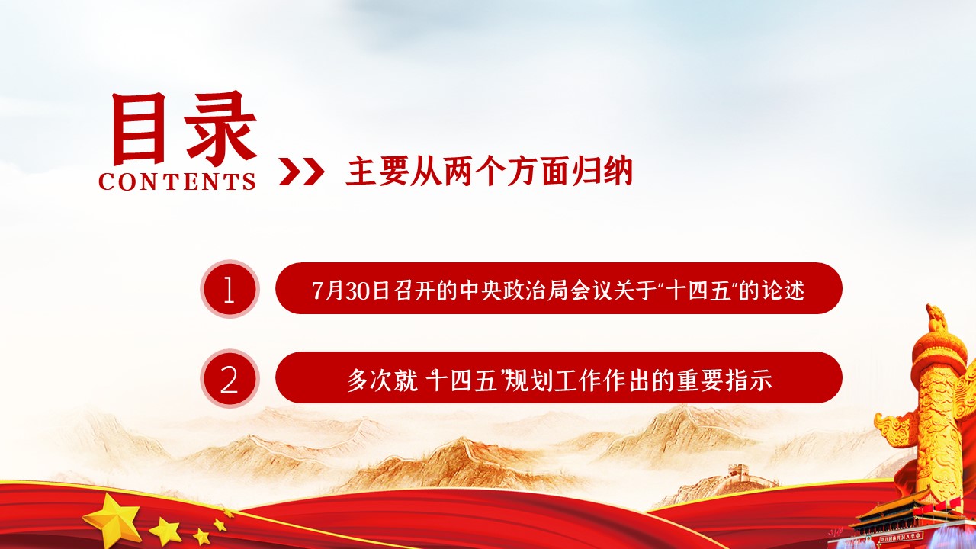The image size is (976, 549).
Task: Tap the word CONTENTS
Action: point(177,181)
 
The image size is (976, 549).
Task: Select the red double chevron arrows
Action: point(301,172)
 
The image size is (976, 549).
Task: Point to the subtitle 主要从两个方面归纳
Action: point(489,172)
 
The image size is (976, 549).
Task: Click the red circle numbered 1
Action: point(230,288)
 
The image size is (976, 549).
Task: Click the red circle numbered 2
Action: point(230,378)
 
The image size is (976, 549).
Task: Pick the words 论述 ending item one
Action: point(783,291)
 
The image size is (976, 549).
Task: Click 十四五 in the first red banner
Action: point(698,291)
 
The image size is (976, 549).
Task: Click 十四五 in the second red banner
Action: point(461,380)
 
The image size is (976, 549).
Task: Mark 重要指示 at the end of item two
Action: point(724,380)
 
